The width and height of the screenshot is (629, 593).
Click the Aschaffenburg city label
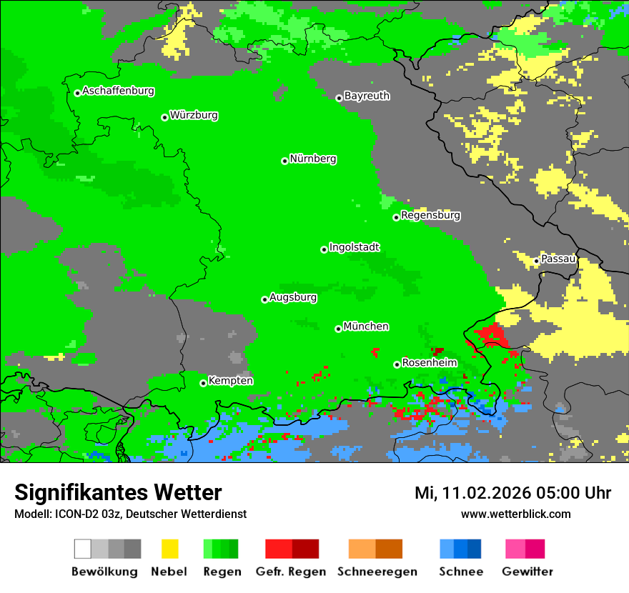coord(118,91)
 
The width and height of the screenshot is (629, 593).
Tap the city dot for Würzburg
coord(164,117)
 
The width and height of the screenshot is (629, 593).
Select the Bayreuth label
coord(367,96)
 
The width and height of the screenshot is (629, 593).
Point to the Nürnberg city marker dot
coord(284,161)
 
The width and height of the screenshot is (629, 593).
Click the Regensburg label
coord(430,215)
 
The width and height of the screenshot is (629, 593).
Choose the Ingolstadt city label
coord(354,247)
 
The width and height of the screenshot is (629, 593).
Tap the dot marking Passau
coord(537,261)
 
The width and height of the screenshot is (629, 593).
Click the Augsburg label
coord(292,297)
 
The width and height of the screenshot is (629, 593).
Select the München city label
coord(366,327)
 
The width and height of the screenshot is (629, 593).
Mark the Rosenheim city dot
coord(397,364)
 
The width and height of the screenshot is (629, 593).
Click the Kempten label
coord(230,381)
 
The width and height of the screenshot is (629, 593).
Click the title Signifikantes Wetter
coord(118,492)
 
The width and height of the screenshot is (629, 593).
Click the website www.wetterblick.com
coord(515,514)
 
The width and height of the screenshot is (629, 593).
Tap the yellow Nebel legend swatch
coord(169,549)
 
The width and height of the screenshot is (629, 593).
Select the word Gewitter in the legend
coord(527,572)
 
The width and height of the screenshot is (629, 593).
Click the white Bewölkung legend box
coord(83,549)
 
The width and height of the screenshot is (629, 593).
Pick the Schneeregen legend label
coord(377,572)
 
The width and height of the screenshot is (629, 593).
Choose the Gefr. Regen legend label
coord(291,572)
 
